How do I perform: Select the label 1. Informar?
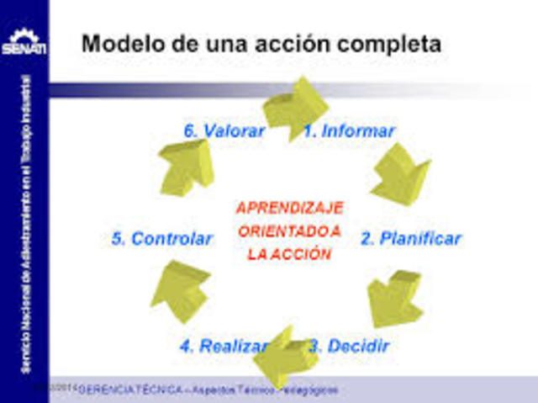click(349, 131)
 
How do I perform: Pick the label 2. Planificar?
click(410, 239)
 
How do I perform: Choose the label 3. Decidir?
click(349, 346)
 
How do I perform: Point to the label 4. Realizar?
click(223, 346)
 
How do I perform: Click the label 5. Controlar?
click(161, 239)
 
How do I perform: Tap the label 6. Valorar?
click(224, 131)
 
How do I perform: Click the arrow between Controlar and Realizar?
click(179, 290)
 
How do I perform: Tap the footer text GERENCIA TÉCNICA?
click(126, 390)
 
